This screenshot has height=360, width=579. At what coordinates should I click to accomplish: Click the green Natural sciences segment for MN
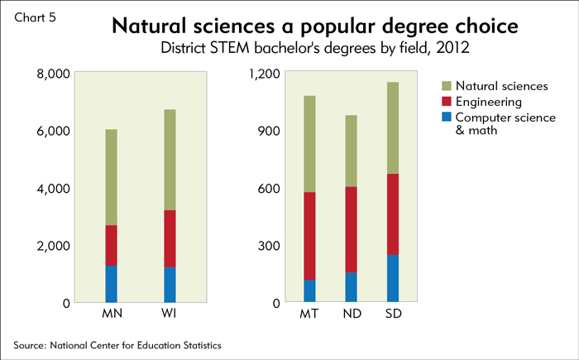click(111, 177)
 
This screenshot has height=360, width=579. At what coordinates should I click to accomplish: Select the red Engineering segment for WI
click(169, 238)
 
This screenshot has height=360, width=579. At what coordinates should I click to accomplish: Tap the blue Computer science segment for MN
click(111, 284)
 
